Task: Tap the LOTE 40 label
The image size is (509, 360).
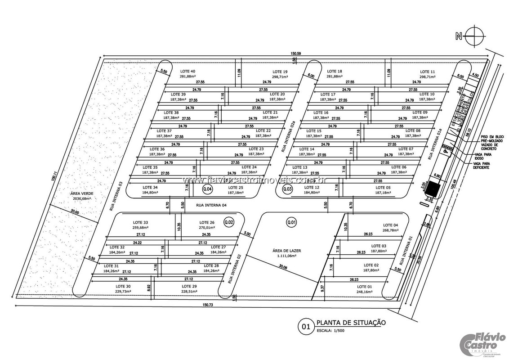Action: tap(188, 71)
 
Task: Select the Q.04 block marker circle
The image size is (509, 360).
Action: tap(207, 189)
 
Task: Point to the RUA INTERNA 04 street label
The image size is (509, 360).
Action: tap(211, 205)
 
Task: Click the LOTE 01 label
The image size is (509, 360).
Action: tap(365, 287)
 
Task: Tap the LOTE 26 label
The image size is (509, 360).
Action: tap(206, 222)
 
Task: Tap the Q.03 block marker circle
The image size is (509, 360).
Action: tap(287, 189)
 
